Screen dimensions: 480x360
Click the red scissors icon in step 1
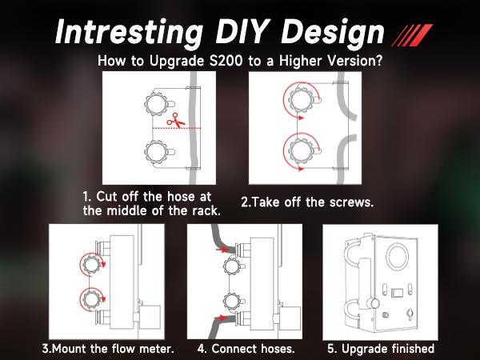pyautogui.click(x=175, y=121)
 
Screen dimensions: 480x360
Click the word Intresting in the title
pyautogui.click(x=129, y=32)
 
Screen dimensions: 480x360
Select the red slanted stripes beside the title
pyautogui.click(x=412, y=35)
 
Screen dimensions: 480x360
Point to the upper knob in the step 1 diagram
pyautogui.click(x=156, y=103)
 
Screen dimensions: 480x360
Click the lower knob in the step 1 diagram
pyautogui.click(x=156, y=152)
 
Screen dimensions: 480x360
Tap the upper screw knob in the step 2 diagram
pyautogui.click(x=301, y=100)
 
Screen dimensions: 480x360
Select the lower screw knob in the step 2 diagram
pyautogui.click(x=301, y=151)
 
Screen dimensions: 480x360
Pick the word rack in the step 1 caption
pyautogui.click(x=206, y=210)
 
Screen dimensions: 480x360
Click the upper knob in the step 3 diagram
pyautogui.click(x=91, y=264)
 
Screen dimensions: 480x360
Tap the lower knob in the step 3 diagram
pyautogui.click(x=91, y=299)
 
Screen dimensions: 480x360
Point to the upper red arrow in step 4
pyautogui.click(x=222, y=250)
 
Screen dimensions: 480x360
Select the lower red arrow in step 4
pyautogui.click(x=222, y=317)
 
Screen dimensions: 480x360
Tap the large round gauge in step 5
pyautogui.click(x=398, y=257)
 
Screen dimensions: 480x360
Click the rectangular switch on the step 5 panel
pyautogui.click(x=398, y=292)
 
